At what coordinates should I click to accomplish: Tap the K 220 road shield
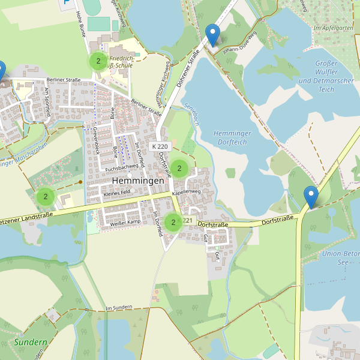pyautogui.click(x=160, y=146)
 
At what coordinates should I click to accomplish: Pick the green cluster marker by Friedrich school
pyautogui.click(x=98, y=61)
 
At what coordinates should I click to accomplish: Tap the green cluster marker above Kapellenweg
pyautogui.click(x=179, y=168)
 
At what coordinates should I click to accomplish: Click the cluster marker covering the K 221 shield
pyautogui.click(x=173, y=223)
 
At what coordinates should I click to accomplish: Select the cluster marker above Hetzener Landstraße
pyautogui.click(x=46, y=196)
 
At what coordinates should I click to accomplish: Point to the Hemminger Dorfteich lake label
pyautogui.click(x=238, y=138)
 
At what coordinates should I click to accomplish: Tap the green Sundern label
pyautogui.click(x=31, y=343)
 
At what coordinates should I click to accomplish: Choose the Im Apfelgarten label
pyautogui.click(x=332, y=28)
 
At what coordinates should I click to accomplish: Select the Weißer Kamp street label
pyautogui.click(x=125, y=223)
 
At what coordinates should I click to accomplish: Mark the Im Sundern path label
pyautogui.click(x=118, y=308)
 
